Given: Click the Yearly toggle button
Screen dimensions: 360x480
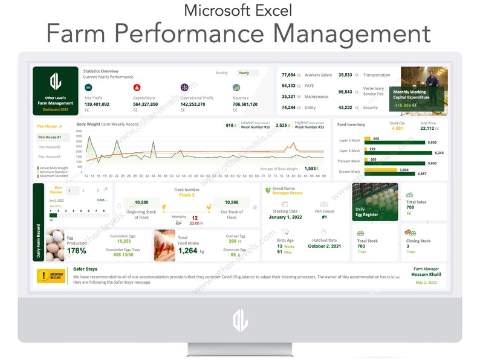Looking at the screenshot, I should tap(244, 73).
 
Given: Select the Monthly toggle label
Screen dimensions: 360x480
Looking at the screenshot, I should tap(222, 73).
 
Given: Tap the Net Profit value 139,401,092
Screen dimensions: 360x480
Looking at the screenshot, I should tap(97, 104).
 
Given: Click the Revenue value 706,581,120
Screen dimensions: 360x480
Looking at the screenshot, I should tap(249, 104).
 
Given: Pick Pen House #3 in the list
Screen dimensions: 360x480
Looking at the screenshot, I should tap(49, 156).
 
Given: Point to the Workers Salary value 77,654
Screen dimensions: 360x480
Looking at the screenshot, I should tap(288, 75).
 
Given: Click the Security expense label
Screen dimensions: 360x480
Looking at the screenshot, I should tap(371, 108).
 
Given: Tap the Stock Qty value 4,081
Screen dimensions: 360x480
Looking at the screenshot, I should tap(398, 128).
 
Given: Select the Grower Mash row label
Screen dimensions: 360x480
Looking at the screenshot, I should tap(349, 172).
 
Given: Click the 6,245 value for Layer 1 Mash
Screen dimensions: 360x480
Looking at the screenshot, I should tap(439, 153).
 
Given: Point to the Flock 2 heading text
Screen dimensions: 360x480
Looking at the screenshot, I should tap(187, 195).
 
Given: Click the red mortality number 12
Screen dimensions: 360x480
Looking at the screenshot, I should tap(195, 217).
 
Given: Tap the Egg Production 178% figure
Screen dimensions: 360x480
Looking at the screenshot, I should tap(76, 251).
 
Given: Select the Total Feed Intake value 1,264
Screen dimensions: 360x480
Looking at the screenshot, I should tap(188, 251).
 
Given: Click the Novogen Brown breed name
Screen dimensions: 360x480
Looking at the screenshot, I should tap(287, 193).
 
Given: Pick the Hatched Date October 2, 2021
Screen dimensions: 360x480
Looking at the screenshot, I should tap(326, 246).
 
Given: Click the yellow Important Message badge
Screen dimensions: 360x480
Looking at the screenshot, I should tap(51, 276).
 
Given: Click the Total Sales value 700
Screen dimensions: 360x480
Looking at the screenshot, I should tap(410, 208).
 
